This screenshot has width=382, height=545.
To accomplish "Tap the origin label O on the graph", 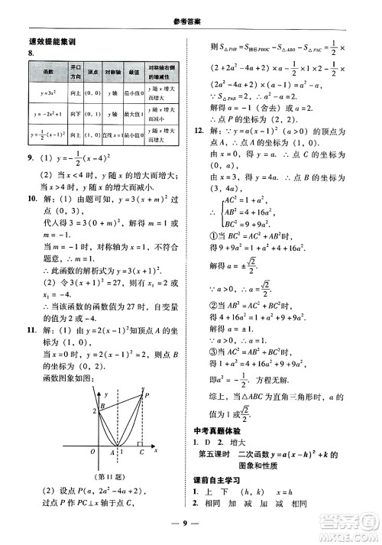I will (x=92, y=452).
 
